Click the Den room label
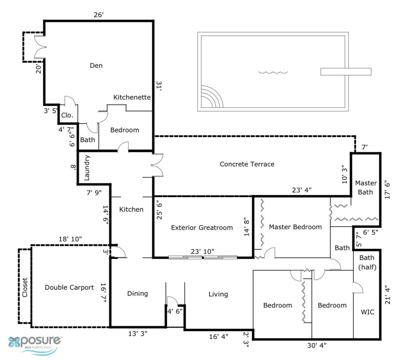(x=96, y=66)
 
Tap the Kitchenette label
(x=132, y=97)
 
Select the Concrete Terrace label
(x=247, y=164)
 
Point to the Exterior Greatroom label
(x=202, y=228)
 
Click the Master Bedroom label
(x=295, y=227)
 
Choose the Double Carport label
(x=69, y=287)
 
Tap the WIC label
(x=367, y=312)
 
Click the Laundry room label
(x=86, y=168)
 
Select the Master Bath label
(x=366, y=187)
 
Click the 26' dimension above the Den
(x=99, y=15)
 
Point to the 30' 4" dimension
(x=317, y=345)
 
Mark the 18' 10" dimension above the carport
(x=70, y=239)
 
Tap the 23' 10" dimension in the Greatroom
(x=202, y=251)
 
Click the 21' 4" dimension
(x=387, y=295)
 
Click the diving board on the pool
(x=345, y=72)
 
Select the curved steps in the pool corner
(x=212, y=97)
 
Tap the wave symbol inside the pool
(x=273, y=72)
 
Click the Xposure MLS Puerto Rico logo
(x=35, y=344)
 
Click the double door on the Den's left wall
(x=40, y=47)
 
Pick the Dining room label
(x=137, y=293)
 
